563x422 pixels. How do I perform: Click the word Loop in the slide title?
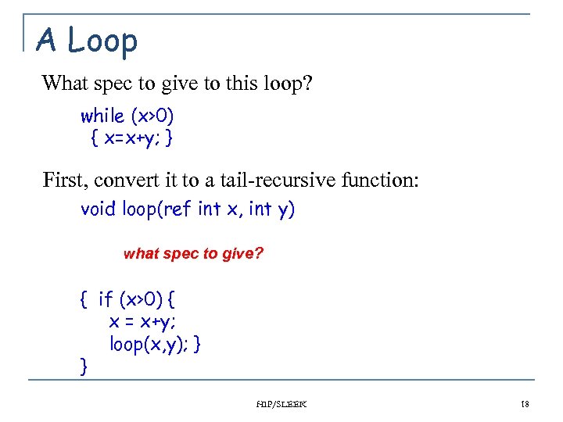coord(102,41)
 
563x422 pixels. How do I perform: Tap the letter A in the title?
coord(47,41)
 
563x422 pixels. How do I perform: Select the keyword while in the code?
coord(102,116)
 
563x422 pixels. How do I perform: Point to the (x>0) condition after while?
coord(152,116)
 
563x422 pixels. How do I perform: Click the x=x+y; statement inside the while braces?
coord(131,139)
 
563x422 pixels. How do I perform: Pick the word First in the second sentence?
coord(64,181)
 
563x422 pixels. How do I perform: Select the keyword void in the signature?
coord(97,209)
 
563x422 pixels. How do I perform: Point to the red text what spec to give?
coord(193,254)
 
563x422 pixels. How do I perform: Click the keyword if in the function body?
coord(106,299)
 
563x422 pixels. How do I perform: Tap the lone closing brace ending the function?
coord(83,364)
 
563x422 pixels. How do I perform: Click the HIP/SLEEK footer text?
coord(281,404)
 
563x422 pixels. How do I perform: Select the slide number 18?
coord(524,404)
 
